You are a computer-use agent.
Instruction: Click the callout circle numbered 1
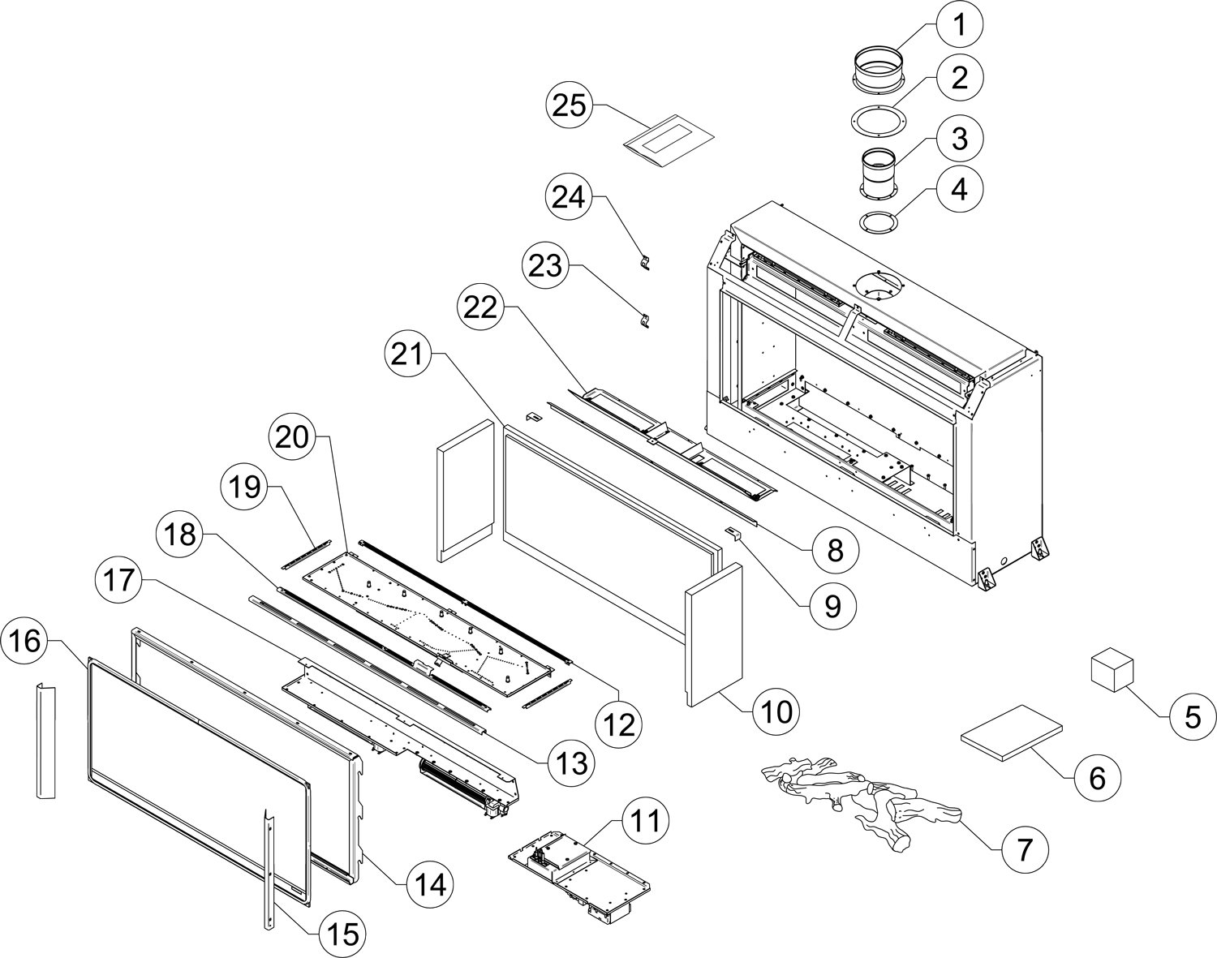pyautogui.click(x=960, y=24)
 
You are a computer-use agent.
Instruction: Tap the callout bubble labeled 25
pyautogui.click(x=570, y=105)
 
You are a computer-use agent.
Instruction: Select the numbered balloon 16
pyautogui.click(x=25, y=642)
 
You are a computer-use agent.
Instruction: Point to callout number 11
pyautogui.click(x=645, y=821)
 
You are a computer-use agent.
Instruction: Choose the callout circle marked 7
pyautogui.click(x=1024, y=865)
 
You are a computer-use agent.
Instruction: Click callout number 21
pyautogui.click(x=407, y=354)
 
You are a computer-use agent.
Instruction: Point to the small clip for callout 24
pyautogui.click(x=644, y=264)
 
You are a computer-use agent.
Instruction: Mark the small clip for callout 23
pyautogui.click(x=644, y=320)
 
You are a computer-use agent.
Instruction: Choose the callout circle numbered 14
pyautogui.click(x=432, y=885)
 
